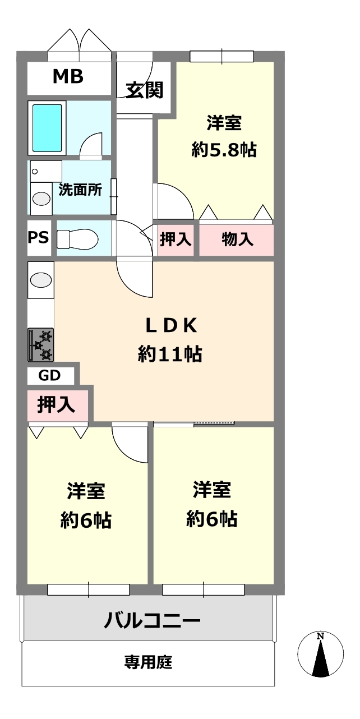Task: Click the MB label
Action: tap(68, 77)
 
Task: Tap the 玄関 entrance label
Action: tap(144, 90)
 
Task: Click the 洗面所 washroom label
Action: tap(80, 190)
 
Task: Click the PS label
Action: tap(39, 237)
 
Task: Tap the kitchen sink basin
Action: tap(40, 279)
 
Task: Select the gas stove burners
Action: tap(41, 344)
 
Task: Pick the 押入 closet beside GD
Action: tap(57, 405)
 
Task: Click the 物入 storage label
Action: tap(237, 239)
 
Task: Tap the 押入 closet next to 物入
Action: tap(176, 239)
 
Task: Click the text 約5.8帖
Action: tap(224, 150)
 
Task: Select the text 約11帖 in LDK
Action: tap(170, 354)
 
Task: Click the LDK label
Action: tap(169, 325)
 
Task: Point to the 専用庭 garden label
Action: tap(148, 662)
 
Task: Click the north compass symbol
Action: tap(320, 655)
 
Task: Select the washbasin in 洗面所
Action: tap(40, 199)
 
